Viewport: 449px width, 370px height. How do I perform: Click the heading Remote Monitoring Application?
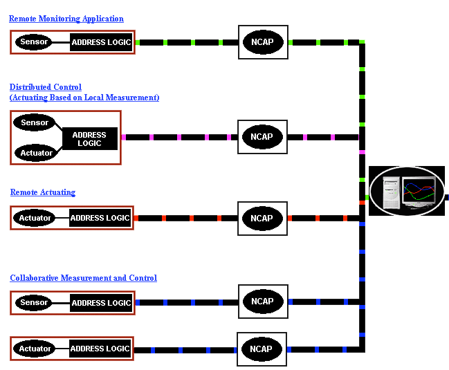click(66, 19)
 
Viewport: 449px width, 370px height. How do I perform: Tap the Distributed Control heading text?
click(46, 87)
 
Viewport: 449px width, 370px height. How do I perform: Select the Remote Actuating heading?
click(43, 192)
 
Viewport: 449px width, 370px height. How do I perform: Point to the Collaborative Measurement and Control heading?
click(84, 278)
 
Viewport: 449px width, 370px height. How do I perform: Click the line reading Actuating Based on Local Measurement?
click(84, 98)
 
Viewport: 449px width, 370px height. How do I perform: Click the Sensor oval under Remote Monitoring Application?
click(35, 42)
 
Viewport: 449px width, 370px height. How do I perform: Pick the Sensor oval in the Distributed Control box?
click(35, 123)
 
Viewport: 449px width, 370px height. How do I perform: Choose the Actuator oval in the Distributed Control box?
click(35, 153)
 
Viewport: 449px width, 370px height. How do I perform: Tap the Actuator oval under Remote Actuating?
click(35, 219)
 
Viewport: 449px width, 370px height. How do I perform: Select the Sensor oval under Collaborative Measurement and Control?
click(35, 302)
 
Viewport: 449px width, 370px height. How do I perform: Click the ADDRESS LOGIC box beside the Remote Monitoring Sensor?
click(101, 42)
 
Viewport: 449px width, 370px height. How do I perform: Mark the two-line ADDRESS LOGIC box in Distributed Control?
click(89, 139)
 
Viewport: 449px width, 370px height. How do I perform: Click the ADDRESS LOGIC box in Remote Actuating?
click(100, 219)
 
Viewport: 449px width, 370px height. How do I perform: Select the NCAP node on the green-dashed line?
click(262, 42)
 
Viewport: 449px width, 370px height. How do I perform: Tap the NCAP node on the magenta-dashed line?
click(262, 136)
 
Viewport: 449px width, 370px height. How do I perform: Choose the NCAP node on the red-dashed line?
click(262, 219)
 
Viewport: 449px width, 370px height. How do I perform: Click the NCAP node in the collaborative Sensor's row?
click(262, 302)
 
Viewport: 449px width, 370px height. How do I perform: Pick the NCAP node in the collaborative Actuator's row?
click(262, 349)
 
